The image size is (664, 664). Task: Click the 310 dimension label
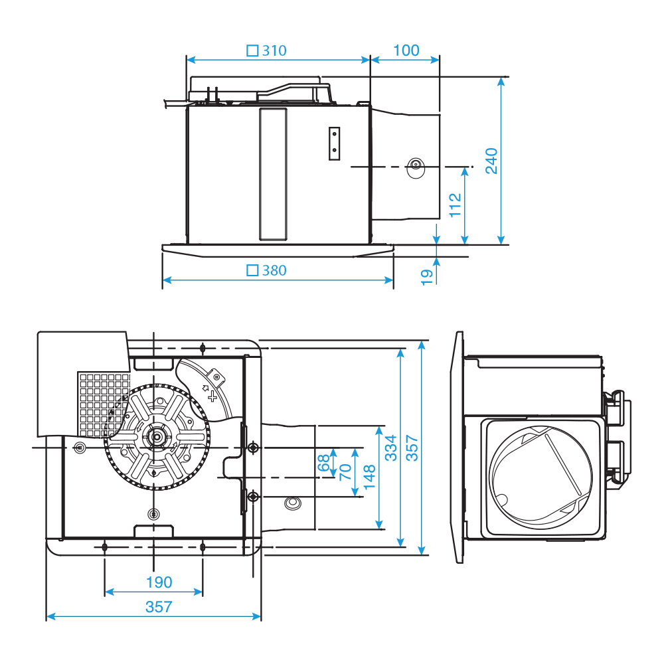(x=274, y=50)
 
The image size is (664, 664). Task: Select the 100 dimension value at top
(x=406, y=50)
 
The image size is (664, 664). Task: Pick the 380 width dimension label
(x=274, y=270)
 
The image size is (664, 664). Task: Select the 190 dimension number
(x=159, y=582)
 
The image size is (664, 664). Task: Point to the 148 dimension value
(x=371, y=478)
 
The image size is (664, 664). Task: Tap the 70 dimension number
(x=345, y=472)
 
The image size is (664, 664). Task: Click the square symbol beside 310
(x=252, y=50)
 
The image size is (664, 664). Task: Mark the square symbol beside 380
(x=252, y=270)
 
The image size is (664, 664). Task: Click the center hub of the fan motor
(x=157, y=438)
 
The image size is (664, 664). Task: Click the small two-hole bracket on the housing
(x=335, y=143)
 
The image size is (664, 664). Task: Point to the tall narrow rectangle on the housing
(x=272, y=174)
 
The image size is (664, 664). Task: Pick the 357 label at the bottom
(x=159, y=606)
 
